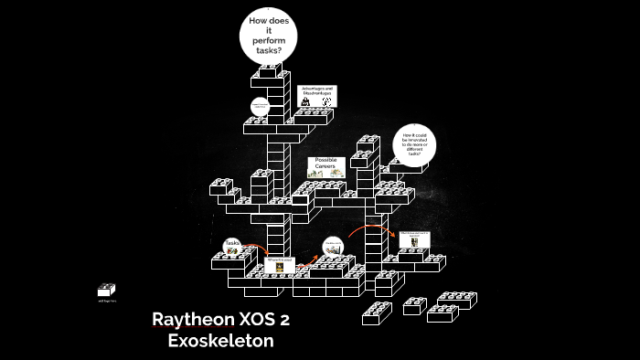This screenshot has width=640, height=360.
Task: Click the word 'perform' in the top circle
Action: [269, 40]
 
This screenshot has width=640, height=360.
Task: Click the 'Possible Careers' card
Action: [326, 166]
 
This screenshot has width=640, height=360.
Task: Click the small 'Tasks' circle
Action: [232, 244]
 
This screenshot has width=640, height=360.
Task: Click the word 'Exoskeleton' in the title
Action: [221, 341]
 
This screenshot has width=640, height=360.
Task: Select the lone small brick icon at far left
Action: [106, 291]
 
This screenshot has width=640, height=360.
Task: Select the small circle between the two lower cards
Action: [332, 247]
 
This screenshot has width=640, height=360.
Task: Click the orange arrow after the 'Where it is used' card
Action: [304, 265]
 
